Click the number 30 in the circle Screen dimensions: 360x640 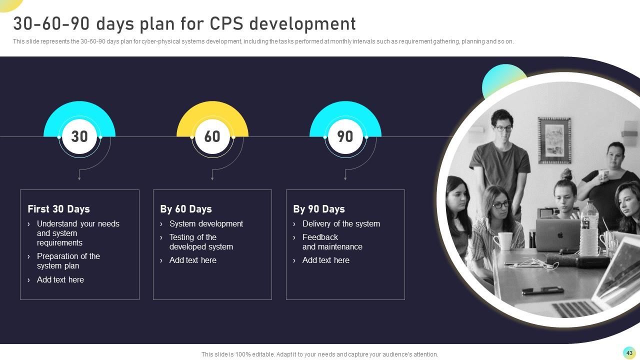79,136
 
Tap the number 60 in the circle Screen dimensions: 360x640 212,136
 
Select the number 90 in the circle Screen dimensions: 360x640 345,136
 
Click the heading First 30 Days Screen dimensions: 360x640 58,209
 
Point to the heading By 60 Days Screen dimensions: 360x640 186,209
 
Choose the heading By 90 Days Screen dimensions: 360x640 319,209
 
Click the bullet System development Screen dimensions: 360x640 206,224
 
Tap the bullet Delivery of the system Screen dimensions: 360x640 341,224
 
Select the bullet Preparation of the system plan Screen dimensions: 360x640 68,261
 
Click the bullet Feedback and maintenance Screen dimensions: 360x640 332,242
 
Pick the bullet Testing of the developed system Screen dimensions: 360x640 201,242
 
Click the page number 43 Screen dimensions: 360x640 629,353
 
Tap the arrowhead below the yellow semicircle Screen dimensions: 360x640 212,178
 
